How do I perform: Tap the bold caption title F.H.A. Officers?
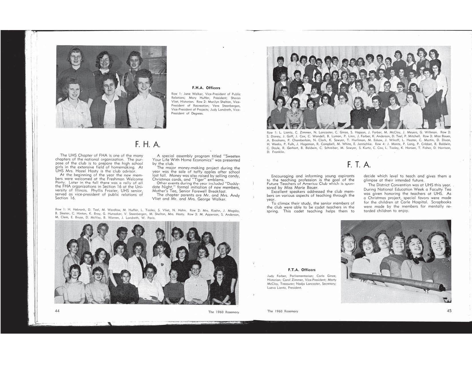206,88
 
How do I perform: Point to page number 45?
449,311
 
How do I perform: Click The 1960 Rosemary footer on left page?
223,312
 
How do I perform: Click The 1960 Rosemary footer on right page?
283,311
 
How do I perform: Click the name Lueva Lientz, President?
284,288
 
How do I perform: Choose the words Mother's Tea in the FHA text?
164,191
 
